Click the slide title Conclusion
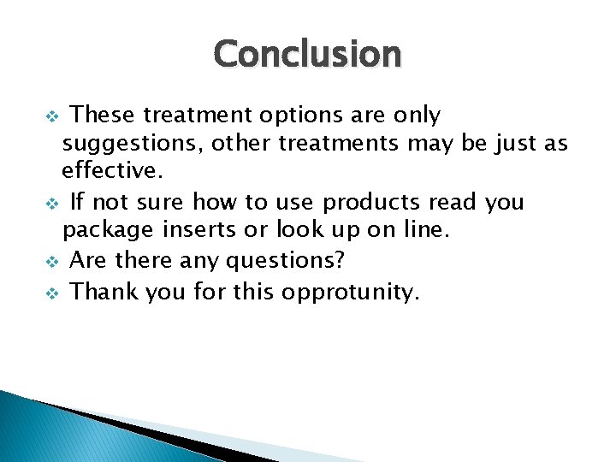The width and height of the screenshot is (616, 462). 307,54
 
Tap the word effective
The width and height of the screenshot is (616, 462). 110,171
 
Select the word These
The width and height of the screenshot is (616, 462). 103,115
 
